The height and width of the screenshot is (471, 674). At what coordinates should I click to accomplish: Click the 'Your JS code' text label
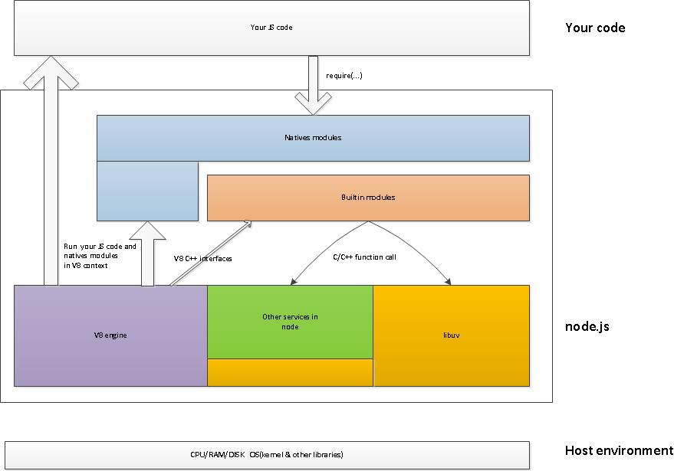pos(271,28)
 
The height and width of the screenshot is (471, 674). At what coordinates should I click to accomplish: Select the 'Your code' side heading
pos(595,28)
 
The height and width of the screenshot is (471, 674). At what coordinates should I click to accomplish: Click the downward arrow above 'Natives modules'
pos(314,84)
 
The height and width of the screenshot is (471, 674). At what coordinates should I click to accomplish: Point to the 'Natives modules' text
pos(313,138)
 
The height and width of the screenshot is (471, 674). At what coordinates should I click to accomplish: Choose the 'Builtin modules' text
pos(368,198)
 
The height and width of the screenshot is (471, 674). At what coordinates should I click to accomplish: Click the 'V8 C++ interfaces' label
pos(203,259)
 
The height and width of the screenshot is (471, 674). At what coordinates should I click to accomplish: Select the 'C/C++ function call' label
pos(365,257)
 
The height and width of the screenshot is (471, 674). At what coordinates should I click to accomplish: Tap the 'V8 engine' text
pos(110,335)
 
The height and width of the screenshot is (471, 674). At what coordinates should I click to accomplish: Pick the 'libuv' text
pos(451,335)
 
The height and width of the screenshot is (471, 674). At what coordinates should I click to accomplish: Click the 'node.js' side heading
pos(587,327)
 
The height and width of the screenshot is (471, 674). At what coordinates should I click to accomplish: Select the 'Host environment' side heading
pos(619,451)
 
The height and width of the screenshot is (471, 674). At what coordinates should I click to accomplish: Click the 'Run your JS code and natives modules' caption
pos(100,256)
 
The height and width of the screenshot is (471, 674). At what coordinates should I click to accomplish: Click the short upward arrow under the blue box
pos(149,253)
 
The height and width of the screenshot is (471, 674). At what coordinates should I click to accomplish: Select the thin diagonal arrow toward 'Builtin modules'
pos(211,253)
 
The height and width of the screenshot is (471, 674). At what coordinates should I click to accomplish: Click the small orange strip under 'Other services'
pos(290,372)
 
